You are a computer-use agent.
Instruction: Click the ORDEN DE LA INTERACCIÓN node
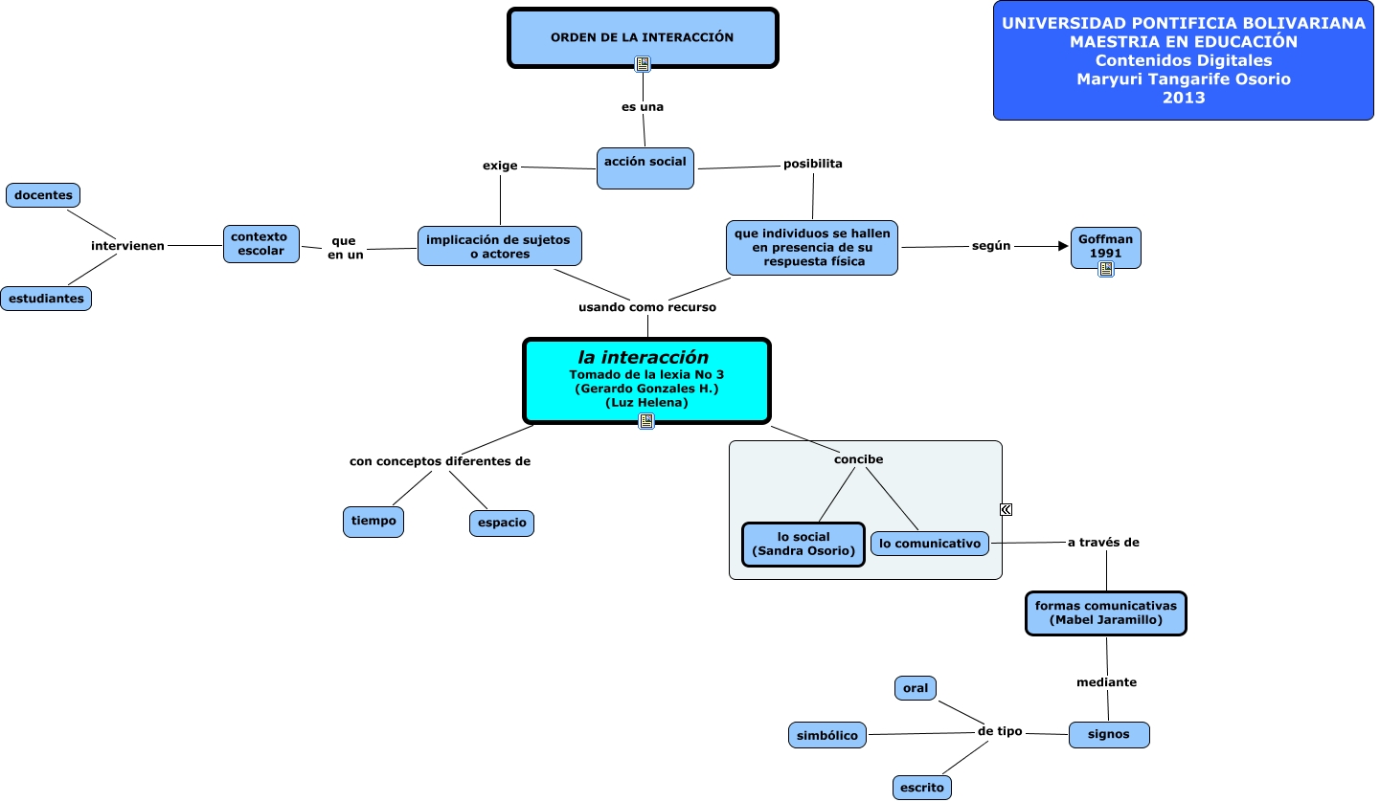coord(642,38)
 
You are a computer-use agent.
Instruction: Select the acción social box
coord(645,167)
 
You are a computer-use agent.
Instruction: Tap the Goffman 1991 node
coord(1105,247)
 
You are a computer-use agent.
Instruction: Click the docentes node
coord(43,195)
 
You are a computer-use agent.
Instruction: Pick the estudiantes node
coord(46,299)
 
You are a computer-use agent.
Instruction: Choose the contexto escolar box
coord(261,244)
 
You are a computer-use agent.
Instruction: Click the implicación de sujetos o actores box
coord(500,246)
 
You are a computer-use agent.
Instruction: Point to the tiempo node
coord(373,522)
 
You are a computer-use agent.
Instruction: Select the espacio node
coord(502,523)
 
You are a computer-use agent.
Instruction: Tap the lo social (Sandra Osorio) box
coord(803,544)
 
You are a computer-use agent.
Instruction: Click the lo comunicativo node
coord(930,544)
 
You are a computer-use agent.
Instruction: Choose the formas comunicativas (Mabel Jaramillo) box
coord(1105,613)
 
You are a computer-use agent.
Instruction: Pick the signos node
coord(1109,734)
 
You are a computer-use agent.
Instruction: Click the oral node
coord(916,688)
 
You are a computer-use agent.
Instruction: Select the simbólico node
coord(827,735)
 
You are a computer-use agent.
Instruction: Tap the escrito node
coord(922,788)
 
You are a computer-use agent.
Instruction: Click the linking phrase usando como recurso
coord(647,307)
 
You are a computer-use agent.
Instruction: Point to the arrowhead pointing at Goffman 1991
coord(1062,246)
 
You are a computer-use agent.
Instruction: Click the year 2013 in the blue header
coord(1184,97)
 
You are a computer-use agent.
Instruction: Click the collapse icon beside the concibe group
coord(1007,509)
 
